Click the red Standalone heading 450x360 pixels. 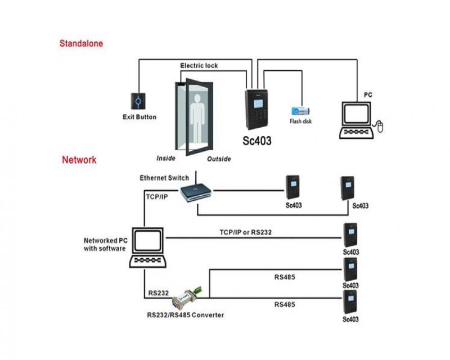tap(82, 43)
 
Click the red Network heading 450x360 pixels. tap(79, 160)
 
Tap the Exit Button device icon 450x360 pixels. tap(139, 101)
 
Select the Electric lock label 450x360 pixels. tap(199, 66)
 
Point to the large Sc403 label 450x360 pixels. tap(257, 141)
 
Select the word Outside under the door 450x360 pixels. tap(219, 159)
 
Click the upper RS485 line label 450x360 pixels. tap(285, 277)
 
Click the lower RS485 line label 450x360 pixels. tap(285, 304)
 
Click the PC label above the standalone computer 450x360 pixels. tap(368, 95)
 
